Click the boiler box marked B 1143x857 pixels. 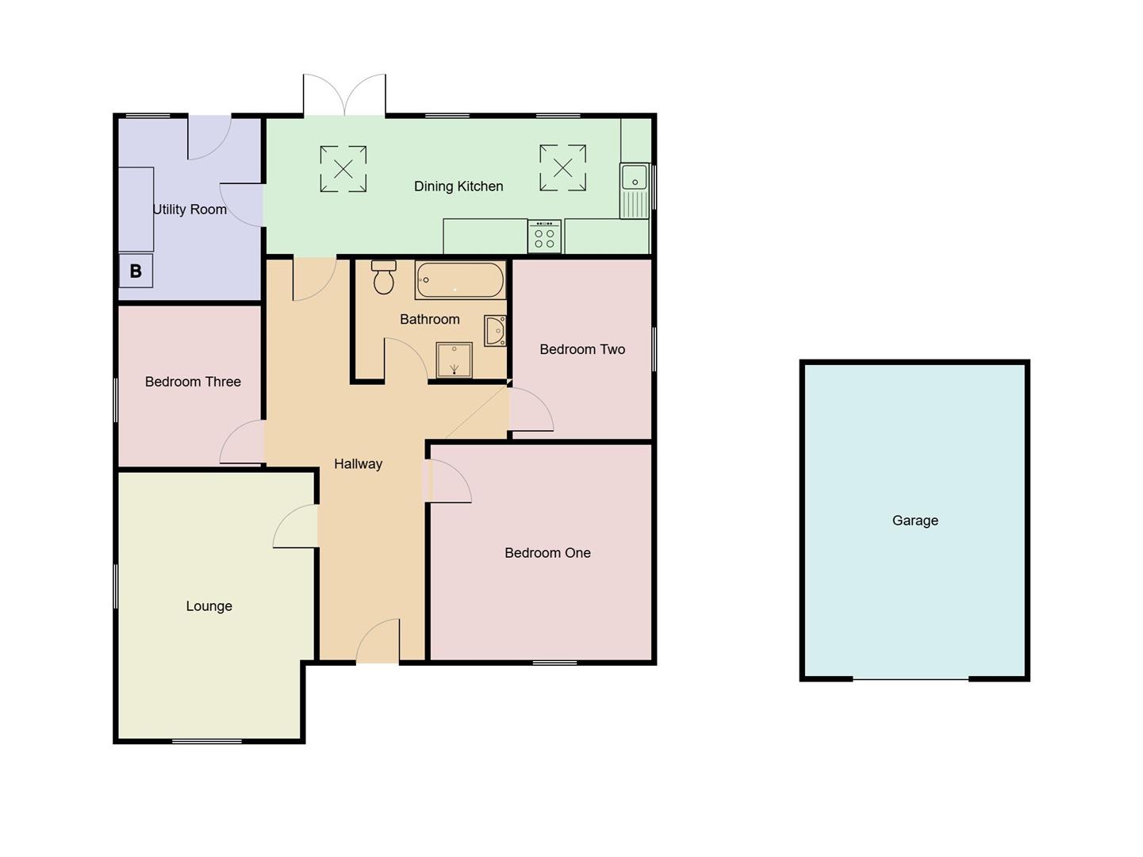pyautogui.click(x=136, y=271)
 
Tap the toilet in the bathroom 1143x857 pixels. pyautogui.click(x=384, y=278)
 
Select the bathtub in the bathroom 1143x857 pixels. pyautogui.click(x=460, y=280)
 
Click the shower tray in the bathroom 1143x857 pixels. pyautogui.click(x=455, y=359)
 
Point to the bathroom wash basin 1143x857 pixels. pyautogui.click(x=496, y=330)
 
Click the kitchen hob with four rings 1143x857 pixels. pyautogui.click(x=544, y=236)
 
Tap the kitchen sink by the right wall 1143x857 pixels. pyautogui.click(x=635, y=190)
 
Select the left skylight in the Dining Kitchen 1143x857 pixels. pyautogui.click(x=343, y=168)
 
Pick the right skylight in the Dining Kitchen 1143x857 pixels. pyautogui.click(x=563, y=167)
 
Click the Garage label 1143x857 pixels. pyautogui.click(x=915, y=521)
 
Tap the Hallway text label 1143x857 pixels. pyautogui.click(x=358, y=464)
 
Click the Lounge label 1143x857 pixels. pyautogui.click(x=209, y=606)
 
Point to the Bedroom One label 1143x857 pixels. pyautogui.click(x=547, y=553)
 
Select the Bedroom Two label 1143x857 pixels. pyautogui.click(x=582, y=349)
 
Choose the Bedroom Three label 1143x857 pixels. pyautogui.click(x=193, y=382)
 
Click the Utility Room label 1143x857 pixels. pyautogui.click(x=190, y=209)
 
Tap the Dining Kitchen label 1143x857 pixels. pyautogui.click(x=458, y=186)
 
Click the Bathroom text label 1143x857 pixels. pyautogui.click(x=429, y=319)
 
